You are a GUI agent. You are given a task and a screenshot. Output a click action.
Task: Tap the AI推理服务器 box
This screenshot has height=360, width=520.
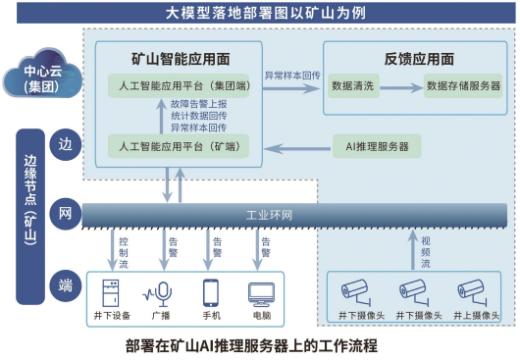377,148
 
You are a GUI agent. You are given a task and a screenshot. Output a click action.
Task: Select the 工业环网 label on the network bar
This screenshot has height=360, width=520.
268,214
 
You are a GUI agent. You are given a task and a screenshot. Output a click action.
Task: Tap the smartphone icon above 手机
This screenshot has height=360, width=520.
210,292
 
